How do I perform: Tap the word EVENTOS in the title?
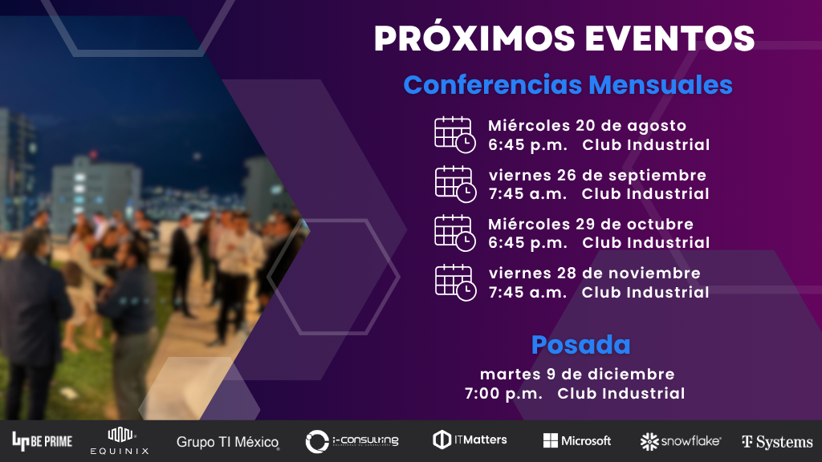click(x=670, y=38)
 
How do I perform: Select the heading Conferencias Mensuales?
click(x=568, y=84)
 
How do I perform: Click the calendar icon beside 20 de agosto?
click(x=455, y=135)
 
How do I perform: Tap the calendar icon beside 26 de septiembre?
click(x=455, y=184)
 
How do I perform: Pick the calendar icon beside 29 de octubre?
click(x=455, y=233)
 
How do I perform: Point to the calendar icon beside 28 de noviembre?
click(x=455, y=282)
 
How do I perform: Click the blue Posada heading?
click(x=581, y=345)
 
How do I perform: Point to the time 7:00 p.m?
click(x=503, y=393)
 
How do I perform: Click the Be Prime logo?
click(x=42, y=442)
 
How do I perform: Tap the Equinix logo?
click(x=120, y=441)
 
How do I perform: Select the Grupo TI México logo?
click(x=227, y=442)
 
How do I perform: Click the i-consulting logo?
click(x=352, y=441)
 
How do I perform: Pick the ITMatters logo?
click(x=470, y=440)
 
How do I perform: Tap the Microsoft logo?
click(x=577, y=440)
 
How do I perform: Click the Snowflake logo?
click(x=681, y=442)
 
